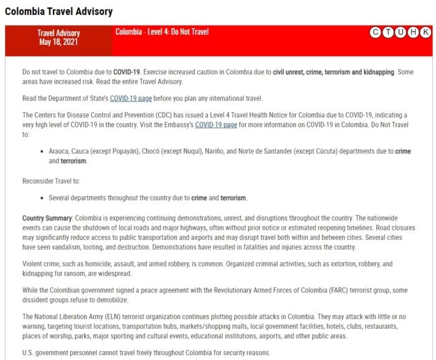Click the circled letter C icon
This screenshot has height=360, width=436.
point(376,32)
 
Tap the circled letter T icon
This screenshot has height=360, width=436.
point(388,32)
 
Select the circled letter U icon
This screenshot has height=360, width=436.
point(400,32)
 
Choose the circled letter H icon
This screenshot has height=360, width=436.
point(413,32)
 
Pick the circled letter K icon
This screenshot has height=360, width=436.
point(425,32)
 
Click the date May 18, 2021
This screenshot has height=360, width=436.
point(59,42)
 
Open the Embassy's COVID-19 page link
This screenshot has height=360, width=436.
point(216,125)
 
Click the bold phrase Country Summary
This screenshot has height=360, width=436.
point(47,219)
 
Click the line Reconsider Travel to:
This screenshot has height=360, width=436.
point(51,181)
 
